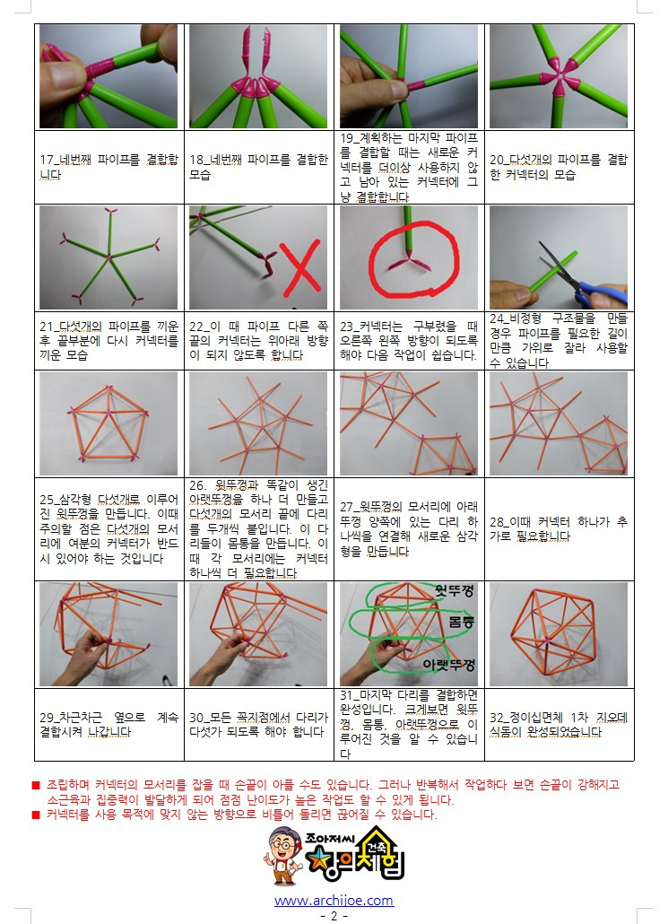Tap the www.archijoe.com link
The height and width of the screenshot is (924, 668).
(334, 900)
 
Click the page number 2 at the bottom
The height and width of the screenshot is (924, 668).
(334, 916)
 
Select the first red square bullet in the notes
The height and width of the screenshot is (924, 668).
(36, 783)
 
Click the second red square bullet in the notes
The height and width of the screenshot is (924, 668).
(36, 815)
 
